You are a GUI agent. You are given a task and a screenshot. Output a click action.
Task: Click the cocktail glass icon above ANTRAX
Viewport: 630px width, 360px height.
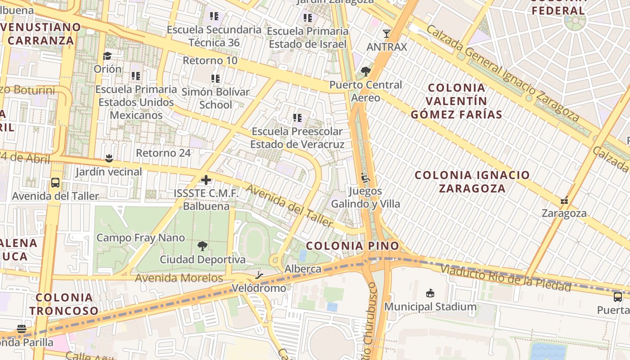(x=386, y=33)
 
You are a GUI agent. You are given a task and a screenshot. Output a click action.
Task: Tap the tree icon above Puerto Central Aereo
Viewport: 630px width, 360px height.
(x=365, y=71)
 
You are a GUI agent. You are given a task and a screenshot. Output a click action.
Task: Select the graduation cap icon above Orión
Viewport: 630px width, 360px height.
(x=107, y=56)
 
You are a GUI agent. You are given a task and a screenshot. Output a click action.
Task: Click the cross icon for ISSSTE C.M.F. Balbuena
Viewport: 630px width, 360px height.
(x=206, y=180)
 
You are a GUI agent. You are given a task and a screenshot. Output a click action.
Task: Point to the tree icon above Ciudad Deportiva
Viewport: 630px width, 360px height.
(x=202, y=246)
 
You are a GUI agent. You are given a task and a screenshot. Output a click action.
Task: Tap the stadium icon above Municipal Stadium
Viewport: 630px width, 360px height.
(x=430, y=293)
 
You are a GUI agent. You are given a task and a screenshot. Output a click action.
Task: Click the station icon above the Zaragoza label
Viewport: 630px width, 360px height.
(x=564, y=200)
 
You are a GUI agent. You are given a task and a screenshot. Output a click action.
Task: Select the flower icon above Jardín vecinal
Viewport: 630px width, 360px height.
(x=108, y=158)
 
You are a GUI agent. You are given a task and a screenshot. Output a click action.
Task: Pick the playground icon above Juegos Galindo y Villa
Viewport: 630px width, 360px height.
(x=365, y=178)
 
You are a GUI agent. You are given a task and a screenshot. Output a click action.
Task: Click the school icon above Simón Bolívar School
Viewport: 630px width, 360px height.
(x=216, y=78)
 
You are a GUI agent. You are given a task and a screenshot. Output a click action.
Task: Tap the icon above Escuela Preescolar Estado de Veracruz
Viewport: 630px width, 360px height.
(x=297, y=118)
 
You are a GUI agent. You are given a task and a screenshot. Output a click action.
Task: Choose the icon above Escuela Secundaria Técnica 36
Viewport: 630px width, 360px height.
(x=214, y=16)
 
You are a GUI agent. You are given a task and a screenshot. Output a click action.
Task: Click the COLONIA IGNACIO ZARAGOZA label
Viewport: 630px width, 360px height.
(x=472, y=181)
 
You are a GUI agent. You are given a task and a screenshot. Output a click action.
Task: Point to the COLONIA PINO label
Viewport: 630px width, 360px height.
(x=352, y=246)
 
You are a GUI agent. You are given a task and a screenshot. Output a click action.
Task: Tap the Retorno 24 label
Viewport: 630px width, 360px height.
(x=163, y=153)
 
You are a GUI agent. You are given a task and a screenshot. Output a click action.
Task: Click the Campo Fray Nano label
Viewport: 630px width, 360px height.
(x=140, y=238)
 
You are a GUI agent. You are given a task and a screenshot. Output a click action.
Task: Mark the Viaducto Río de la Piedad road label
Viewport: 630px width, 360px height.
(x=506, y=278)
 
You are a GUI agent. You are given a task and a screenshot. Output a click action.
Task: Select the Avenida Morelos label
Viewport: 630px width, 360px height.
(x=179, y=278)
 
